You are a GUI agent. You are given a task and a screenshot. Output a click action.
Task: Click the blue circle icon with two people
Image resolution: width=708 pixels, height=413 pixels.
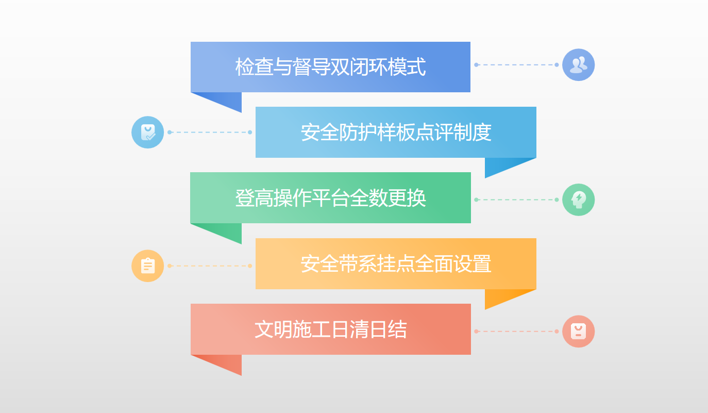click(x=579, y=65)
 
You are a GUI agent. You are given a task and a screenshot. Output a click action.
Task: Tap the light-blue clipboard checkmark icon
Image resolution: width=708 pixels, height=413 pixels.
click(x=147, y=132)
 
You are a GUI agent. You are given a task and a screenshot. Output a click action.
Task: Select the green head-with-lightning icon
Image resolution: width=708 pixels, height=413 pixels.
click(x=579, y=200)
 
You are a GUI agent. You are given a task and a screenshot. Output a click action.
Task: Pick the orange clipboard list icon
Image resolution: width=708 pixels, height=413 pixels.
click(x=147, y=266)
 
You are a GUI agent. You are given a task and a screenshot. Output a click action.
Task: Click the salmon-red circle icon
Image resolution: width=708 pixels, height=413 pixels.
click(x=579, y=332)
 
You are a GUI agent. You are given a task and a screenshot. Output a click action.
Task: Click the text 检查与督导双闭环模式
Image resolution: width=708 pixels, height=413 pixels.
click(x=331, y=67)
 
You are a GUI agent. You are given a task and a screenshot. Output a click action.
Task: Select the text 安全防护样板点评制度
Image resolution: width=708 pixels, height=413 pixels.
click(x=396, y=132)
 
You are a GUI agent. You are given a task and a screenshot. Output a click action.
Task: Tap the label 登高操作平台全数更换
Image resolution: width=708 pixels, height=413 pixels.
click(x=331, y=198)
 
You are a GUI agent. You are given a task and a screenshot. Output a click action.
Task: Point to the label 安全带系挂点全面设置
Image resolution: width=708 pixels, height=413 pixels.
click(x=396, y=264)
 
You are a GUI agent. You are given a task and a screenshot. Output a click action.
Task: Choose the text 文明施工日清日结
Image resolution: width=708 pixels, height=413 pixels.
click(x=331, y=329)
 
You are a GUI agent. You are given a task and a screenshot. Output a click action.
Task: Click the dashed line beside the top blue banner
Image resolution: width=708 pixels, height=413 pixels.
click(x=516, y=65)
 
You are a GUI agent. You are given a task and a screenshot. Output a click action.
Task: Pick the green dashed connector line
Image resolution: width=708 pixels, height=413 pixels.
click(x=516, y=200)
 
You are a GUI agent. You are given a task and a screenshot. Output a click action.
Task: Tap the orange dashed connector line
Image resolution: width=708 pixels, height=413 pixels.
click(x=210, y=266)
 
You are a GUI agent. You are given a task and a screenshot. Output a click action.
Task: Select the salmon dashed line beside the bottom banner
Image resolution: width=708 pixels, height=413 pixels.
click(x=516, y=332)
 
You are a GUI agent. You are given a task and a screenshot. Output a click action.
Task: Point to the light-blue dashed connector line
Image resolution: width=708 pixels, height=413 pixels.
click(x=210, y=132)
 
